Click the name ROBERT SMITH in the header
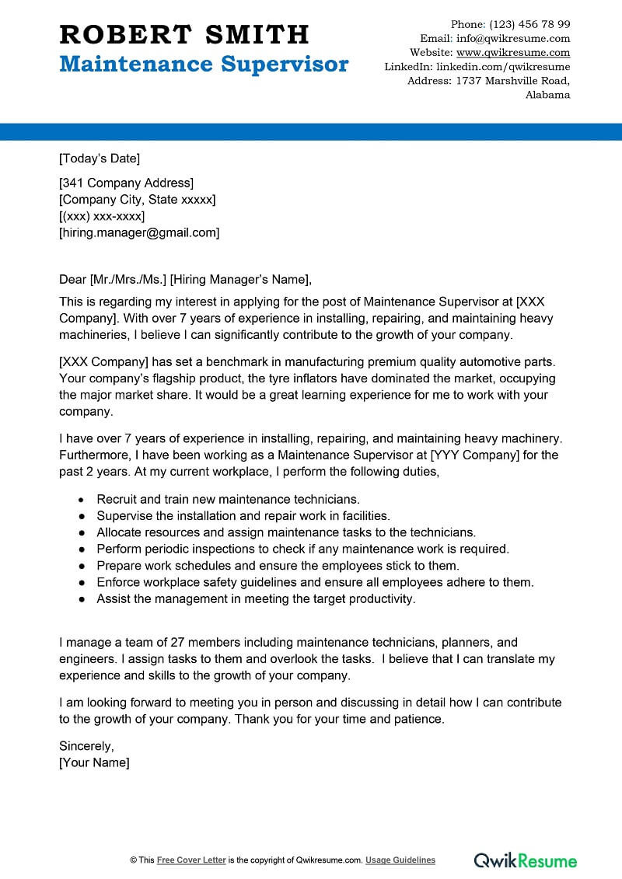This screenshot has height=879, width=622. (x=184, y=34)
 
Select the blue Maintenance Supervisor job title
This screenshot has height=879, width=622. (x=204, y=64)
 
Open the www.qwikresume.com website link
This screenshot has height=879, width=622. (x=513, y=53)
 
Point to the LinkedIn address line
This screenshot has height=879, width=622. (x=477, y=67)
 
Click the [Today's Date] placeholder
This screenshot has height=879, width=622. (x=100, y=159)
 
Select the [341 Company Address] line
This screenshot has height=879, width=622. (x=126, y=183)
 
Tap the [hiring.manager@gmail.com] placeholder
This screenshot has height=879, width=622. (x=139, y=232)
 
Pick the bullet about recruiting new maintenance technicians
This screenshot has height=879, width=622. (x=228, y=499)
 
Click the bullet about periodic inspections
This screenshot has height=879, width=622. (x=302, y=549)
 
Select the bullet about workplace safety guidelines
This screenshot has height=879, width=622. (x=315, y=582)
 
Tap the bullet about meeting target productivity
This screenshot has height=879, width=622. (x=256, y=598)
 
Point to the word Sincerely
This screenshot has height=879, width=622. (x=86, y=746)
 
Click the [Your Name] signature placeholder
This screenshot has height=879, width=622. (x=94, y=762)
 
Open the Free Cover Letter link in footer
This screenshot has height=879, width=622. (x=191, y=860)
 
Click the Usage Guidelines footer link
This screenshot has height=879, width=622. (x=400, y=860)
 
